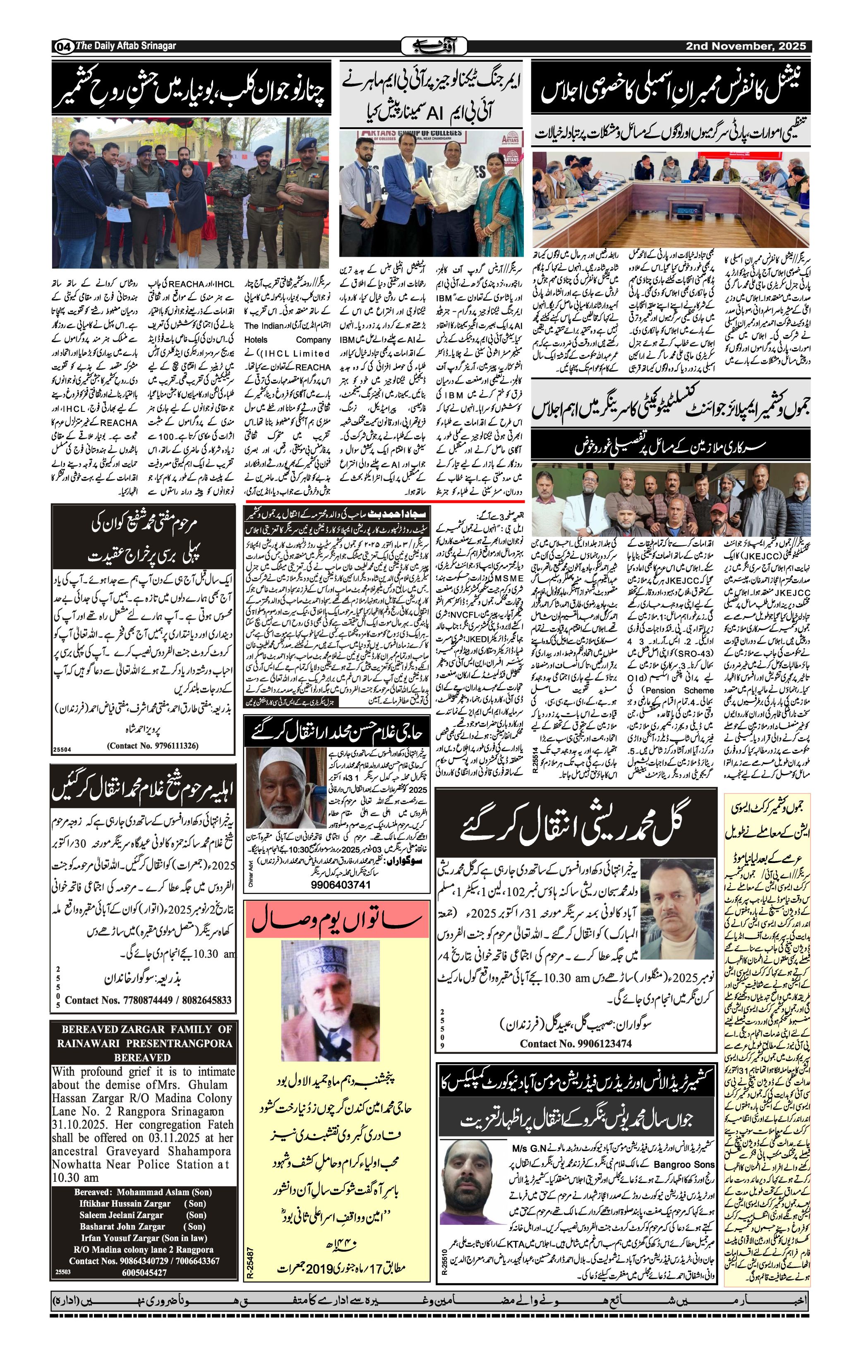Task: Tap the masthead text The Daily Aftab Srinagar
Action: pos(126,46)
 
